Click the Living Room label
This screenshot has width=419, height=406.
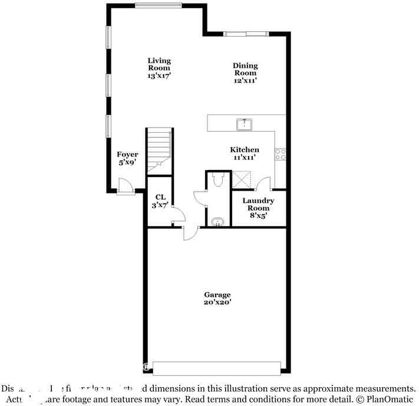click(x=159, y=64)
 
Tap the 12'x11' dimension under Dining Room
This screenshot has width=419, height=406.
click(x=245, y=80)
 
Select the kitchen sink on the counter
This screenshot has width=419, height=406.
click(x=245, y=124)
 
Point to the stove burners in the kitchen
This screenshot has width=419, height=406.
click(x=281, y=155)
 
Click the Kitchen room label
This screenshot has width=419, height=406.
click(x=245, y=150)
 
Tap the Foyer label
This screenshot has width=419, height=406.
click(x=127, y=155)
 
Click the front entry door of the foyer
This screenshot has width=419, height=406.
click(x=125, y=188)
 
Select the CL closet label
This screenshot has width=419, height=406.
click(x=160, y=197)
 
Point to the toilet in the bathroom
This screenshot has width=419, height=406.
click(x=217, y=179)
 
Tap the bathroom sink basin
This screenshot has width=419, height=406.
click(x=218, y=222)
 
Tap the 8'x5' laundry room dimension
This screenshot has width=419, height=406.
click(x=258, y=216)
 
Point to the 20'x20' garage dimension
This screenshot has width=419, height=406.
click(x=217, y=302)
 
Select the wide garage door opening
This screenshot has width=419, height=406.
click(x=216, y=368)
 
